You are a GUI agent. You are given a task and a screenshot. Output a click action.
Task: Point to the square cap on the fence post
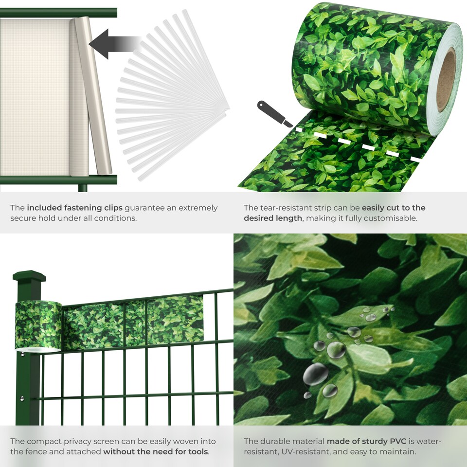point(29,277)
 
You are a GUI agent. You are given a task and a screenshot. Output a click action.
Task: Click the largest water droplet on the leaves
point(315,374)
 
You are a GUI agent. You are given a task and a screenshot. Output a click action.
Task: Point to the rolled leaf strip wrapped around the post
point(38,325)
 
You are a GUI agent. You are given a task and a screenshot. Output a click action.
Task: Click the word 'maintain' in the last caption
point(399,451)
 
